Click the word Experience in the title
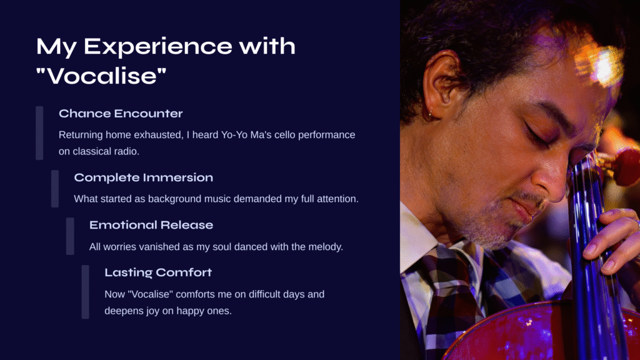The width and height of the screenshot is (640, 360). tap(158, 47)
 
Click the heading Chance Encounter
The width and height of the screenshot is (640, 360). tap(121, 114)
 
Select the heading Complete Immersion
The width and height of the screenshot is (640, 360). tap(143, 177)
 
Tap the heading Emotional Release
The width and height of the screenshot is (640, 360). tap(151, 225)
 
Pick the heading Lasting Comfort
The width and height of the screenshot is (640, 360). tap(158, 272)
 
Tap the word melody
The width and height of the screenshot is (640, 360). tap(326, 247)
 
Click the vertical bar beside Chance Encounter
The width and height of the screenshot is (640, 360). tap(39, 133)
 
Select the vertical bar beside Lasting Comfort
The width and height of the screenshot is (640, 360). tap(85, 292)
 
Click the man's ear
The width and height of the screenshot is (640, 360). tap(439, 84)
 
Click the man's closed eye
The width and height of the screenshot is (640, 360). tap(538, 135)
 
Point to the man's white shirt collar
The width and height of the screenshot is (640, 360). tap(418, 237)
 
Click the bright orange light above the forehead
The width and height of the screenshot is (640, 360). tap(600, 64)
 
